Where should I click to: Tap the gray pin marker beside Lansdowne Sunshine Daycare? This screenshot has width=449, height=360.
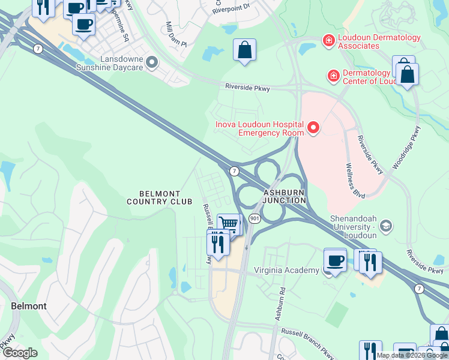pos(152,62)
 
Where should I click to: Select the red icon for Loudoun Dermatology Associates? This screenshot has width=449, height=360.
pos(328,41)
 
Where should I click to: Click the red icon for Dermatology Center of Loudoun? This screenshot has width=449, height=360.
pos(333,76)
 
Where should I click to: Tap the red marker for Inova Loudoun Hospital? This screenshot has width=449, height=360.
pos(313,127)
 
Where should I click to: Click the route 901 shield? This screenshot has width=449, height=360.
pos(255,219)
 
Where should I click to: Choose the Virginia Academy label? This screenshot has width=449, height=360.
pos(286,270)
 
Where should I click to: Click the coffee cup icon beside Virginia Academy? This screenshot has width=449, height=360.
pos(335,260)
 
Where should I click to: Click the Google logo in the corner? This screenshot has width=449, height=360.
pos(20,353)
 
